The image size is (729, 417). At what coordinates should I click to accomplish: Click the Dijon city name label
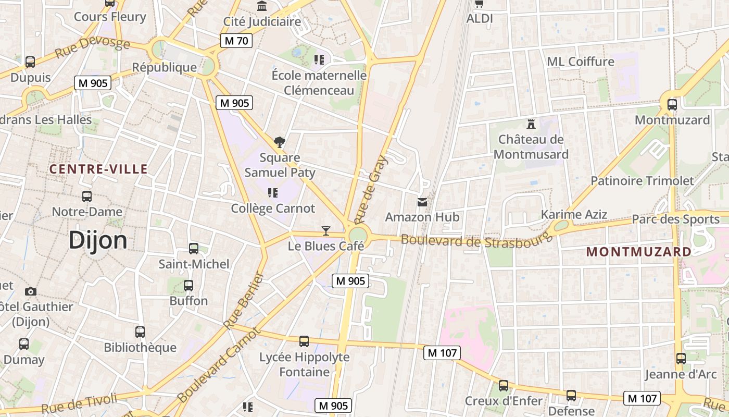click(x=98, y=240)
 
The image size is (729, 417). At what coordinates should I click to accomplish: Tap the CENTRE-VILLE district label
click(x=98, y=169)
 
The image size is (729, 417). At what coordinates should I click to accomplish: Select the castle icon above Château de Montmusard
click(x=531, y=124)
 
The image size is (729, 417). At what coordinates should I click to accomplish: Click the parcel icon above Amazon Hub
click(x=422, y=202)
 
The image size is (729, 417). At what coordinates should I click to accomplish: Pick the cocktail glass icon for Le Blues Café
click(x=326, y=230)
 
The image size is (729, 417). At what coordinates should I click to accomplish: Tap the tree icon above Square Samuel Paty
click(x=280, y=142)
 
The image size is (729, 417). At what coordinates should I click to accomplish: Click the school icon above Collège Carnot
click(x=273, y=193)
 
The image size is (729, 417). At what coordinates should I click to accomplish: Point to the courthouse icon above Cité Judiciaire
click(x=262, y=6)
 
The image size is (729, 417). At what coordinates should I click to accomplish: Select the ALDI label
click(x=479, y=19)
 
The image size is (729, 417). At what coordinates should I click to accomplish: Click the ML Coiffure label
click(x=580, y=62)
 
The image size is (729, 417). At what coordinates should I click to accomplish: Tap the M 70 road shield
click(x=236, y=41)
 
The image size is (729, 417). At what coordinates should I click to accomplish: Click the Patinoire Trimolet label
click(x=642, y=181)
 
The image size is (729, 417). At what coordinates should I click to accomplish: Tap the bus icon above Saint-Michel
click(x=194, y=249)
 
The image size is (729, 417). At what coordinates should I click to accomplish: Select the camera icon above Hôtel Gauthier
click(x=31, y=291)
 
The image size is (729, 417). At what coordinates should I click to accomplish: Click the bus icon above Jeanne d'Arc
click(x=681, y=359)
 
